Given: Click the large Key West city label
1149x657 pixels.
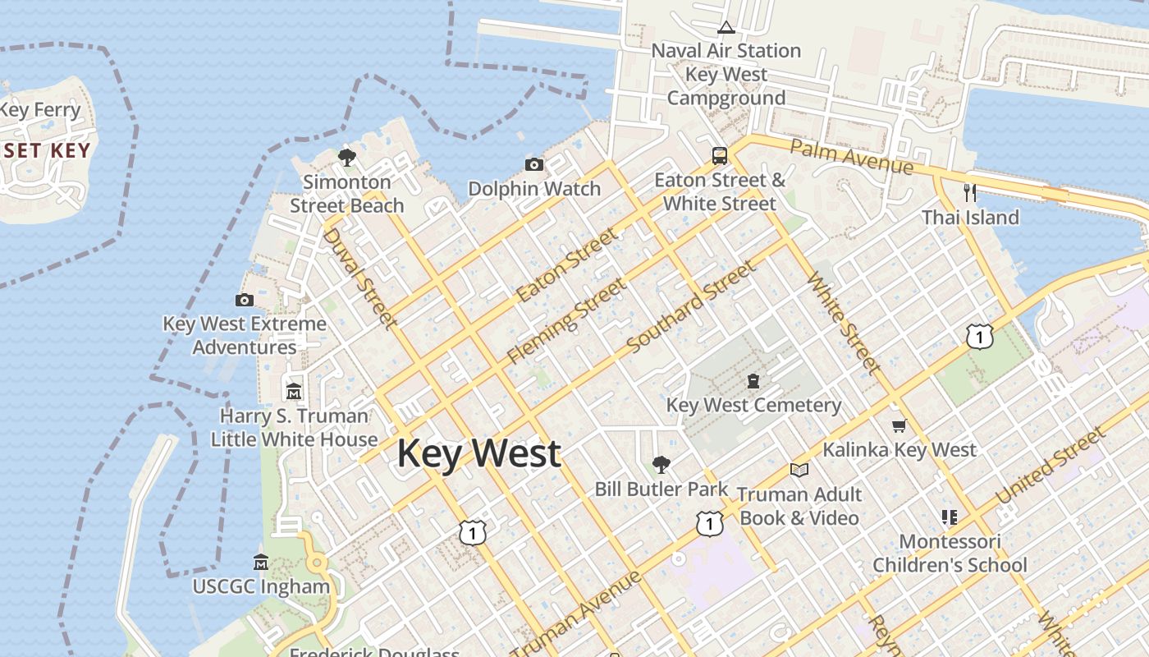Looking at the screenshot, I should pyautogui.click(x=479, y=453).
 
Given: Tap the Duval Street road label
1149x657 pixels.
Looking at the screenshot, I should pyautogui.click(x=360, y=278).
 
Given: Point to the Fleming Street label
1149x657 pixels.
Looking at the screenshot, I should pyautogui.click(x=566, y=320).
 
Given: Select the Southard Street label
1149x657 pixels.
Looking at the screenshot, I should pyautogui.click(x=691, y=307).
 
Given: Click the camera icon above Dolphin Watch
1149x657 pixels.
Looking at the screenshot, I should pyautogui.click(x=534, y=165).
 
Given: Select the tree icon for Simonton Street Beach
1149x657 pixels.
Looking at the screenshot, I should pyautogui.click(x=347, y=157).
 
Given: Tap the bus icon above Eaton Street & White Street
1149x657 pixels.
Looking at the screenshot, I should pyautogui.click(x=720, y=155).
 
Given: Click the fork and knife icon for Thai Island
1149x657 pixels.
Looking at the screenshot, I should pyautogui.click(x=970, y=193).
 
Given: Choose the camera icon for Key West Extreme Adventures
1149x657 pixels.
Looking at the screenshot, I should pyautogui.click(x=245, y=300).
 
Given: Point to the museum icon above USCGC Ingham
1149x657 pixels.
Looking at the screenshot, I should pyautogui.click(x=261, y=563).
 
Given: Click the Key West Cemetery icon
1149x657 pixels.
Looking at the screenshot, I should pyautogui.click(x=753, y=380).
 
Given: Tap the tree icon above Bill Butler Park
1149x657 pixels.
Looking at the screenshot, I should pyautogui.click(x=661, y=465).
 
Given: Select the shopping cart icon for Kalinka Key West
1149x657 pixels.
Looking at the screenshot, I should pyautogui.click(x=899, y=425).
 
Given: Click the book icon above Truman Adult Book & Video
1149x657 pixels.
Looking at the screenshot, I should pyautogui.click(x=799, y=470).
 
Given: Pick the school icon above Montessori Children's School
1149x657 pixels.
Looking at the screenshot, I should pyautogui.click(x=950, y=517).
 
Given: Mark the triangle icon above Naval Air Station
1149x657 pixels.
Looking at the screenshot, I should pyautogui.click(x=726, y=27).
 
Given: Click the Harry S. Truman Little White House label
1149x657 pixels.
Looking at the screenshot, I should pyautogui.click(x=294, y=427).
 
